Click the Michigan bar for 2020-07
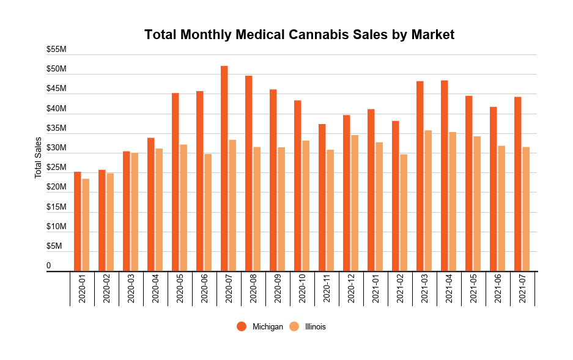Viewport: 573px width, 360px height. pos(224,168)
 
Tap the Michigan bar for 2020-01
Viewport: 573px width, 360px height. pos(78,221)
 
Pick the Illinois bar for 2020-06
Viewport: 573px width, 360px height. pos(208,212)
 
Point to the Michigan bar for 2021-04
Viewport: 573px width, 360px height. pos(445,175)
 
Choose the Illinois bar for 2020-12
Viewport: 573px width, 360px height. pos(355,203)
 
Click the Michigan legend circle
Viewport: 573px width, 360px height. pos(242,326)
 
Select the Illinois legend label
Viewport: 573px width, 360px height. pos(316,326)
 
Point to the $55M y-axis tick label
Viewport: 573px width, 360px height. pos(56,49)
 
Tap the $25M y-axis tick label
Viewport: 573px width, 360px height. pos(56,167)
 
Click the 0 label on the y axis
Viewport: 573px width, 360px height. pos(49,265)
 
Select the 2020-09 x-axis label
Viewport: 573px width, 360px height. pos(278,288)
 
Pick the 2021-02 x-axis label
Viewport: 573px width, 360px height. pos(400,288)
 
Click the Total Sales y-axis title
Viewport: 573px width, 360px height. pos(39,158)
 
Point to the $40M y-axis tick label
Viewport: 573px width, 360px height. pos(56,108)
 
